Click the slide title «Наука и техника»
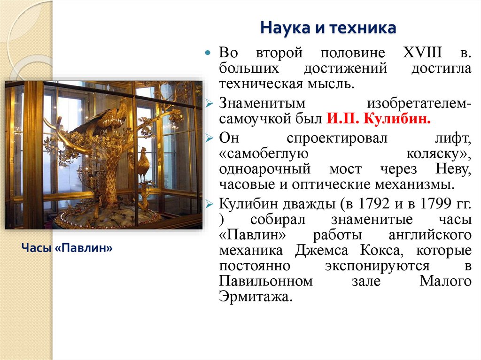[328, 28]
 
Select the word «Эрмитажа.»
[256, 297]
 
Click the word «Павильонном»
[266, 282]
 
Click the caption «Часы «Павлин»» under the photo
[67, 248]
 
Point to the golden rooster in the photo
[143, 164]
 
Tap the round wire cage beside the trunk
[85, 176]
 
